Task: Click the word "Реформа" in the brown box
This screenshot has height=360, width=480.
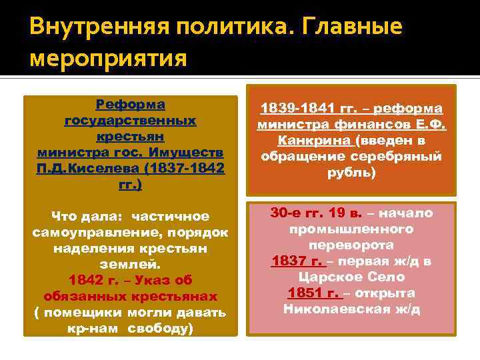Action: [130, 105]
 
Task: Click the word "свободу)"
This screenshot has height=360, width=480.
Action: [165, 329]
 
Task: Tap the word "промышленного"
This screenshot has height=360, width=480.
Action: [352, 229]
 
